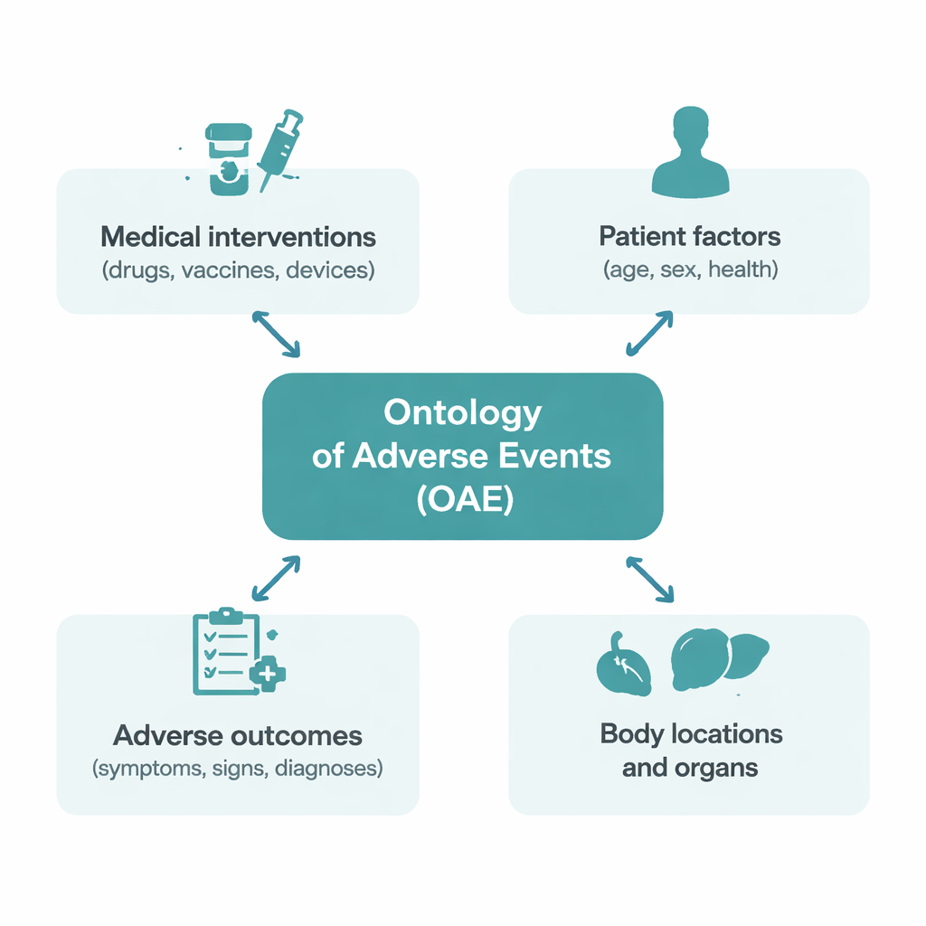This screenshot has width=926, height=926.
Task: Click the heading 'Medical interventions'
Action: point(238,237)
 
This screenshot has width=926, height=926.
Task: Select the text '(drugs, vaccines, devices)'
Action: point(238,269)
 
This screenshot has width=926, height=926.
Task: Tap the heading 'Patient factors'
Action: point(689,237)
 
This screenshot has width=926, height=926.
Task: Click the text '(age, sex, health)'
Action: point(689,269)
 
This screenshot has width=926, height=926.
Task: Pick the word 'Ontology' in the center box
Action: point(462,413)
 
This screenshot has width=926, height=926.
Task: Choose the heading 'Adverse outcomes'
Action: point(238,735)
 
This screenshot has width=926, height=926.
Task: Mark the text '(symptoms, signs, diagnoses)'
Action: point(238,769)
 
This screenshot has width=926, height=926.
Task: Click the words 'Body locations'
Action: point(691,732)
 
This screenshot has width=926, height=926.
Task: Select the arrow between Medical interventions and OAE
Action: point(276,334)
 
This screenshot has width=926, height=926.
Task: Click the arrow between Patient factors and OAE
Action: point(649,334)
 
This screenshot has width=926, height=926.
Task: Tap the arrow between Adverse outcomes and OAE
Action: point(276,578)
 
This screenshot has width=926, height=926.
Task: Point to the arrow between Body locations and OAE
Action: point(650,579)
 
